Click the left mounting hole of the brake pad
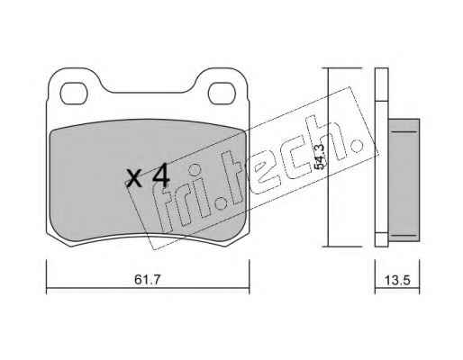[x=74, y=94]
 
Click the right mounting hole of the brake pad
[x=222, y=94]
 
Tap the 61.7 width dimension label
[x=148, y=280]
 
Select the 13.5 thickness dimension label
[x=397, y=281]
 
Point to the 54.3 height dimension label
[x=320, y=157]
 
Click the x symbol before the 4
[x=133, y=179]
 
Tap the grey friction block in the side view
[x=404, y=180]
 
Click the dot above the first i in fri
[x=195, y=169]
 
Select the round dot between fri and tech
[x=222, y=203]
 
